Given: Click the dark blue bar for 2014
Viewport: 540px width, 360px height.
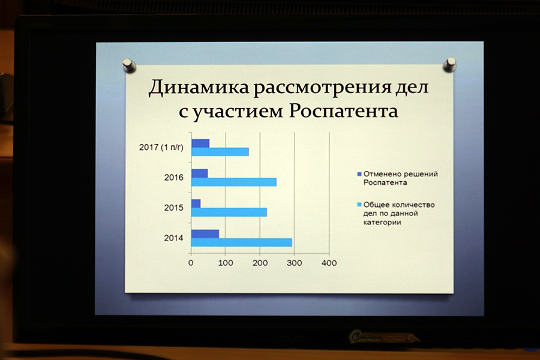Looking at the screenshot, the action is tap(205, 234).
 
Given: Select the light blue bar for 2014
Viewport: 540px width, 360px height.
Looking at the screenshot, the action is tap(242, 242).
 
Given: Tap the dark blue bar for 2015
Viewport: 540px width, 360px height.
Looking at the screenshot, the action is tap(196, 203).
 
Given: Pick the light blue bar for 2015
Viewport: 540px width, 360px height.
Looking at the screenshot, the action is tap(229, 212).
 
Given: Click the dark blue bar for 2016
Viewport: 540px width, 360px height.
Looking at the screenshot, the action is tap(200, 173).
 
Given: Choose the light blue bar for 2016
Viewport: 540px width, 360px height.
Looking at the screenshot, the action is tap(234, 182).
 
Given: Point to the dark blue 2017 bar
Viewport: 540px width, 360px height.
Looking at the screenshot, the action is tap(200, 143).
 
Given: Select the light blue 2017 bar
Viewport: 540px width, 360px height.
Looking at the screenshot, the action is tap(220, 152).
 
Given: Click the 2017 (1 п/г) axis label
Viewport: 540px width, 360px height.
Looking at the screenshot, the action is tap(161, 148).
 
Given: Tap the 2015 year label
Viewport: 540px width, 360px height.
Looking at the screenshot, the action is tap(174, 208).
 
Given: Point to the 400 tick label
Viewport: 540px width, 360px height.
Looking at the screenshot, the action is tap(329, 263).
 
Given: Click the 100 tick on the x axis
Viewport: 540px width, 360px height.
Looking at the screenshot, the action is tap(226, 263).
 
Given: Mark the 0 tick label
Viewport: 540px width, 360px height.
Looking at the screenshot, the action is tap(191, 263).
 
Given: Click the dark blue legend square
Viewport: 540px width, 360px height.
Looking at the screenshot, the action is tap(359, 174).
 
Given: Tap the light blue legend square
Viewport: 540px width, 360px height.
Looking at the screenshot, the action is tap(359, 205).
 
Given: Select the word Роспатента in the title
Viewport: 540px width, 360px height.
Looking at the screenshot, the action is tap(343, 111).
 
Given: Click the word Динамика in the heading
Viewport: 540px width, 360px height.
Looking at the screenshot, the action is tap(199, 88).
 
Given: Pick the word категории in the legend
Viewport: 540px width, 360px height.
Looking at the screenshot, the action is tap(382, 222).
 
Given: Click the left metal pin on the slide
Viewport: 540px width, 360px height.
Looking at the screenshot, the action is tap(129, 65).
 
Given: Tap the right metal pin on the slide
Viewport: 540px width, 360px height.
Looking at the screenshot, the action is tap(449, 65).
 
